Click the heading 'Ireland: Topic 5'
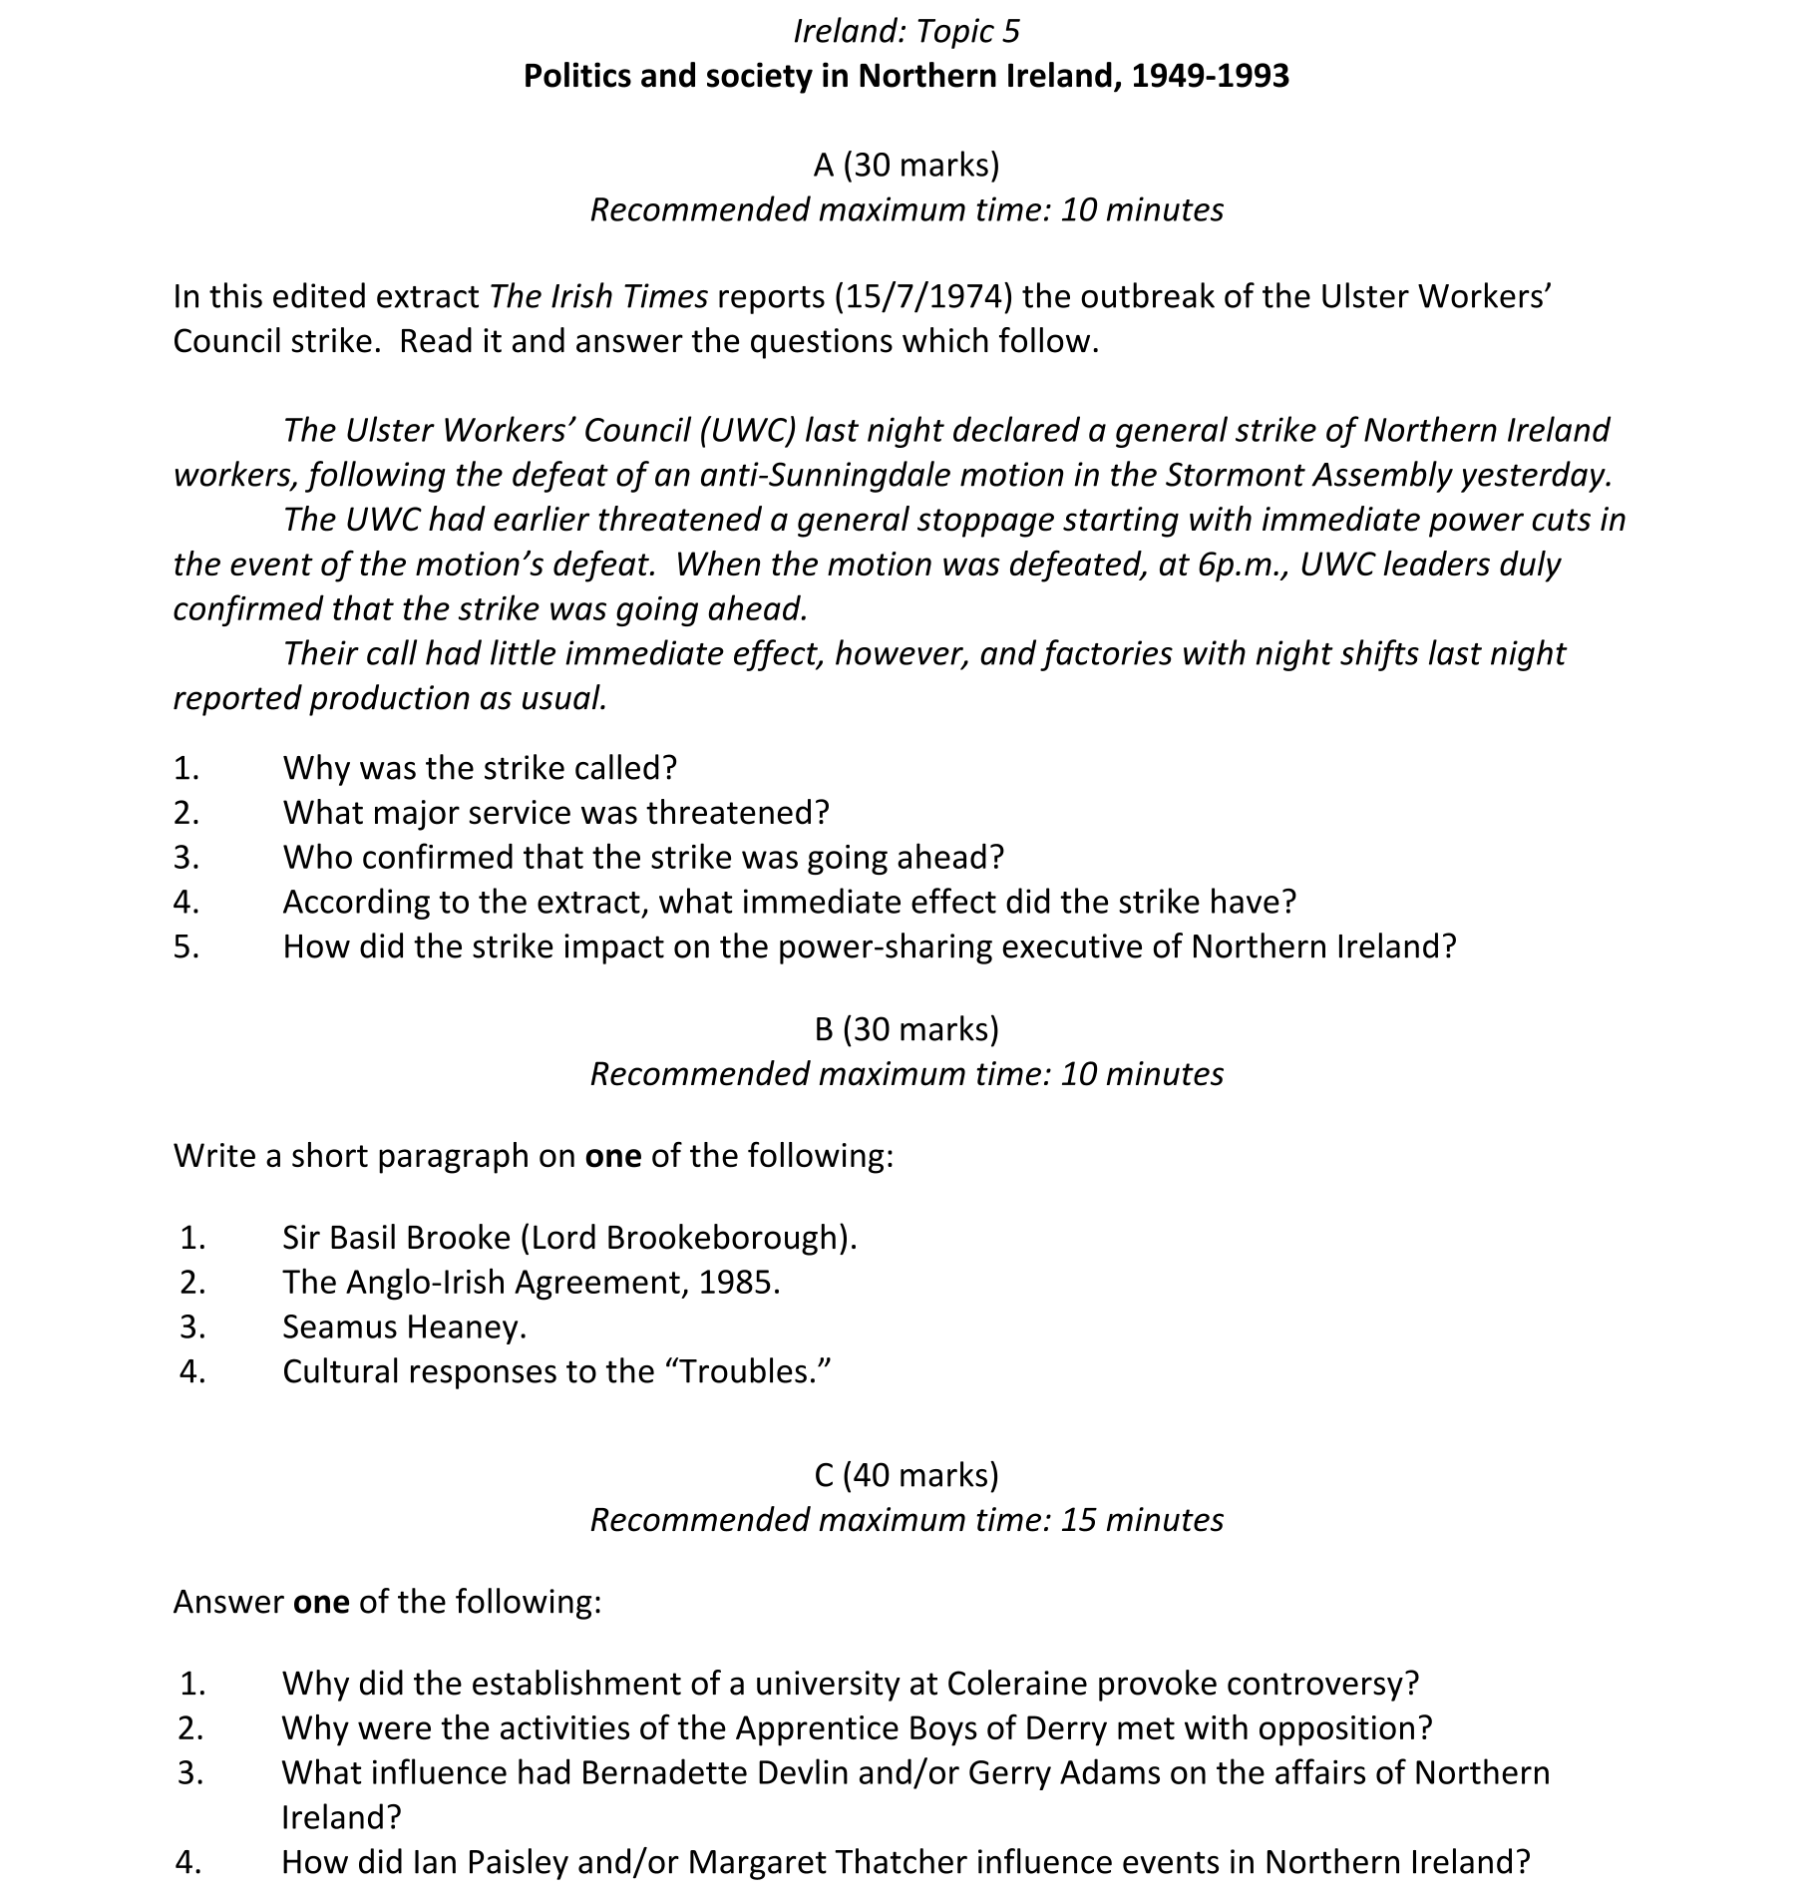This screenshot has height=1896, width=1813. click(x=906, y=32)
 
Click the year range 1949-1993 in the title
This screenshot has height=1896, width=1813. click(x=1209, y=77)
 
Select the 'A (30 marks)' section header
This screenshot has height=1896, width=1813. click(x=906, y=165)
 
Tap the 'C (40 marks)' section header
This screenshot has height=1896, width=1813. click(x=906, y=1475)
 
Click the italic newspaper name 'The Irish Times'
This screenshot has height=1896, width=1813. click(x=598, y=296)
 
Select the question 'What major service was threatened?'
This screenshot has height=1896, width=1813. click(x=555, y=813)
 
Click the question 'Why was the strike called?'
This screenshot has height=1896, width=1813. click(x=480, y=768)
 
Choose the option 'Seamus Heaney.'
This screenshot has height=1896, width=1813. click(x=404, y=1327)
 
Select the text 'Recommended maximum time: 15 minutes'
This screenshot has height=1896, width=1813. click(x=906, y=1520)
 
